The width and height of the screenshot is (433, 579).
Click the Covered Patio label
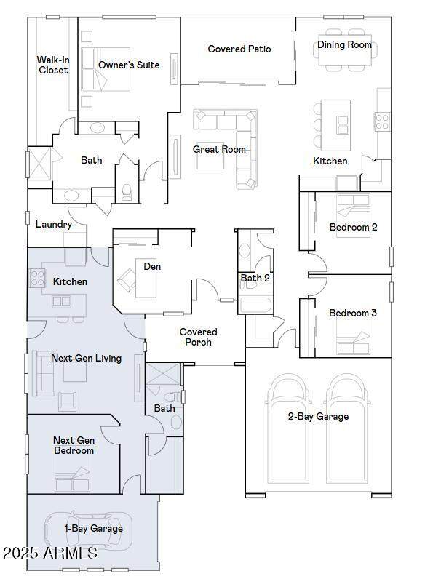coord(239,49)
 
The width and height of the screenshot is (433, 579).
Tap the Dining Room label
coord(344,44)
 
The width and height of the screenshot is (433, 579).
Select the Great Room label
coord(219,150)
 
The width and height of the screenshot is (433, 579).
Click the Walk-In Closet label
coord(53,65)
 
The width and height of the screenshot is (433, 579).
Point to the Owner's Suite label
coord(129,65)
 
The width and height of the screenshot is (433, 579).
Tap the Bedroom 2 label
coord(353,227)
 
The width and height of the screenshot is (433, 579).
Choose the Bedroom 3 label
coord(353,313)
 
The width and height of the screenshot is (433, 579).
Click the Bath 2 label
coord(255,278)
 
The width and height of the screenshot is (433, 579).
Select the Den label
coord(152,267)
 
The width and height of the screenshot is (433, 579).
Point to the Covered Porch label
coord(199,337)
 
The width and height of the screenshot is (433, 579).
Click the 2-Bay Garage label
coord(318,417)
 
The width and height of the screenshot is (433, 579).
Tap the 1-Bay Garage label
coord(93,528)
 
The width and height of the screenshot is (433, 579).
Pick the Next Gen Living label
coord(86,358)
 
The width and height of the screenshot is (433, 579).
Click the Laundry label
coord(54,225)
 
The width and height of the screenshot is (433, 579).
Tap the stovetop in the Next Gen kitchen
coord(37,278)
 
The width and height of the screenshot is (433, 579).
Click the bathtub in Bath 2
coord(255,306)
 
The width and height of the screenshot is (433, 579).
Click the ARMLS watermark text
coord(50,553)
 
